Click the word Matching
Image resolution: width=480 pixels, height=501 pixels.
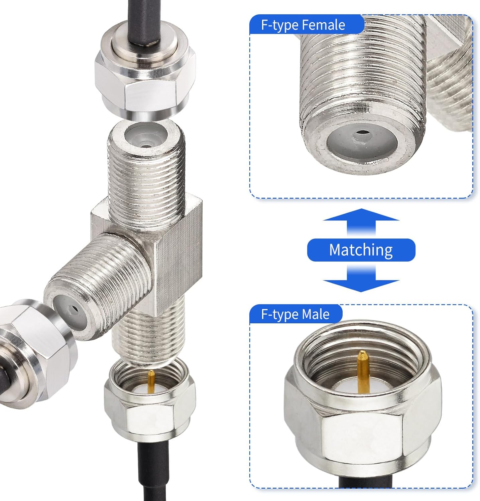[x=361, y=250]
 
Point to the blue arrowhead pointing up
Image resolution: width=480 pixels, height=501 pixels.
[x=361, y=215]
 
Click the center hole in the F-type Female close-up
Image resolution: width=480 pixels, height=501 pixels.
[x=361, y=133]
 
